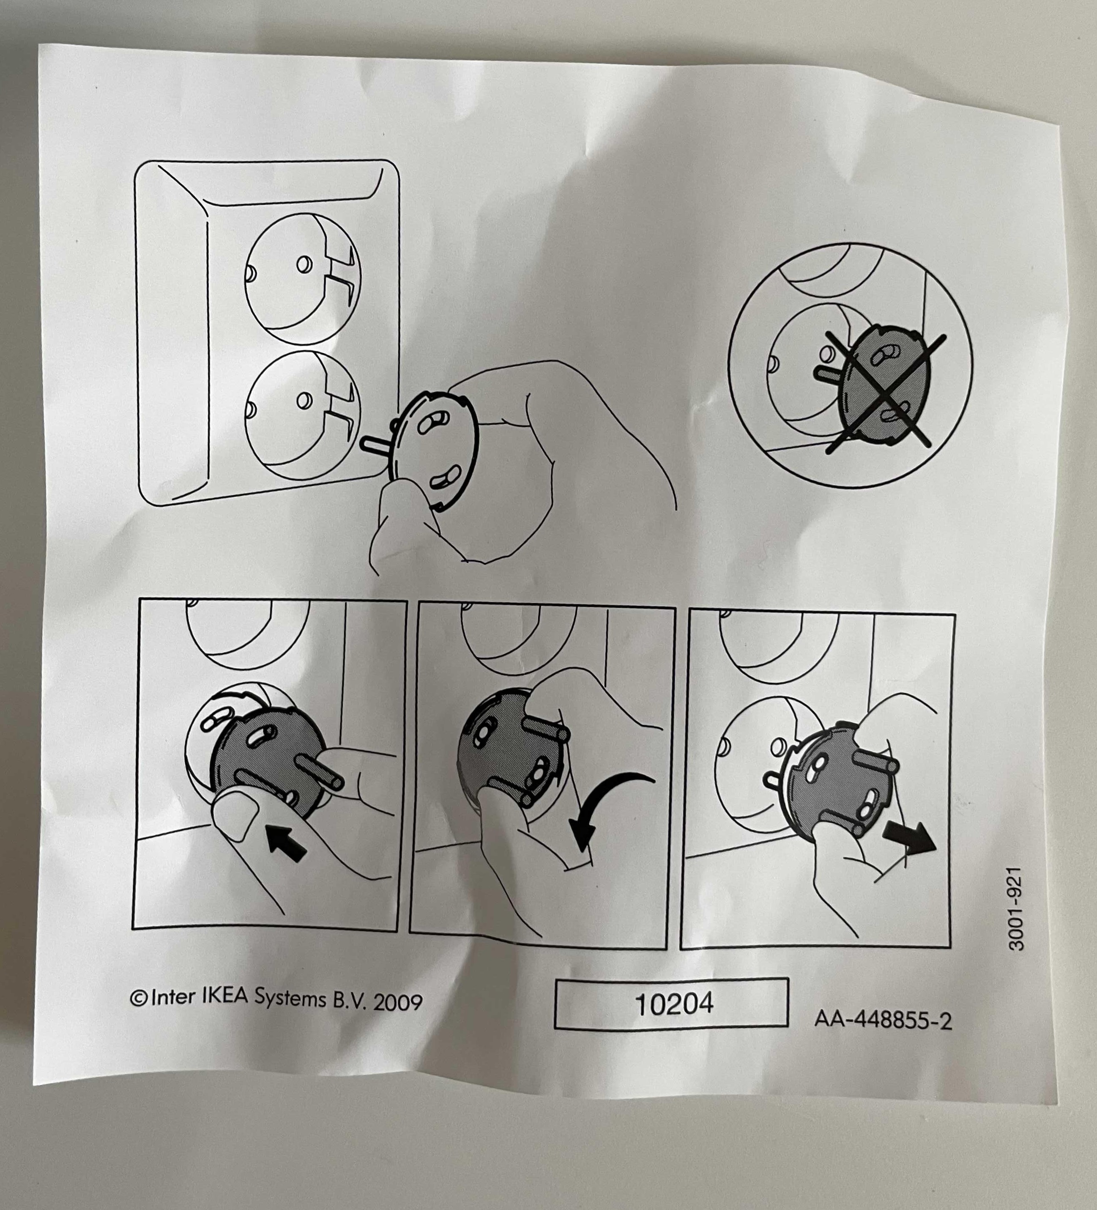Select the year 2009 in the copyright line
pos(398,1002)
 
